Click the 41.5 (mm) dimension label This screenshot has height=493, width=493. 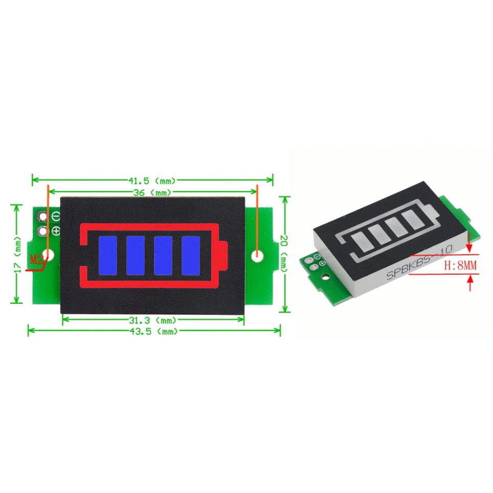152,181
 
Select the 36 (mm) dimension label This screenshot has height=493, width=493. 152,192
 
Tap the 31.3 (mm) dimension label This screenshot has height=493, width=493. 153,320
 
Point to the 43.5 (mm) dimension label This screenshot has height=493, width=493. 153,331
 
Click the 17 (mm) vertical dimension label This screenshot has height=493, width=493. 18,254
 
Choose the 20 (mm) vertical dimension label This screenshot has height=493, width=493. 284,254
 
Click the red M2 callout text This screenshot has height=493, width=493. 37,260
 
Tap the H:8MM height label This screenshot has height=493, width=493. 460,265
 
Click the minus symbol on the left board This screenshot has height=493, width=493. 56,216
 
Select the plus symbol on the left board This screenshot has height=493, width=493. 56,231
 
